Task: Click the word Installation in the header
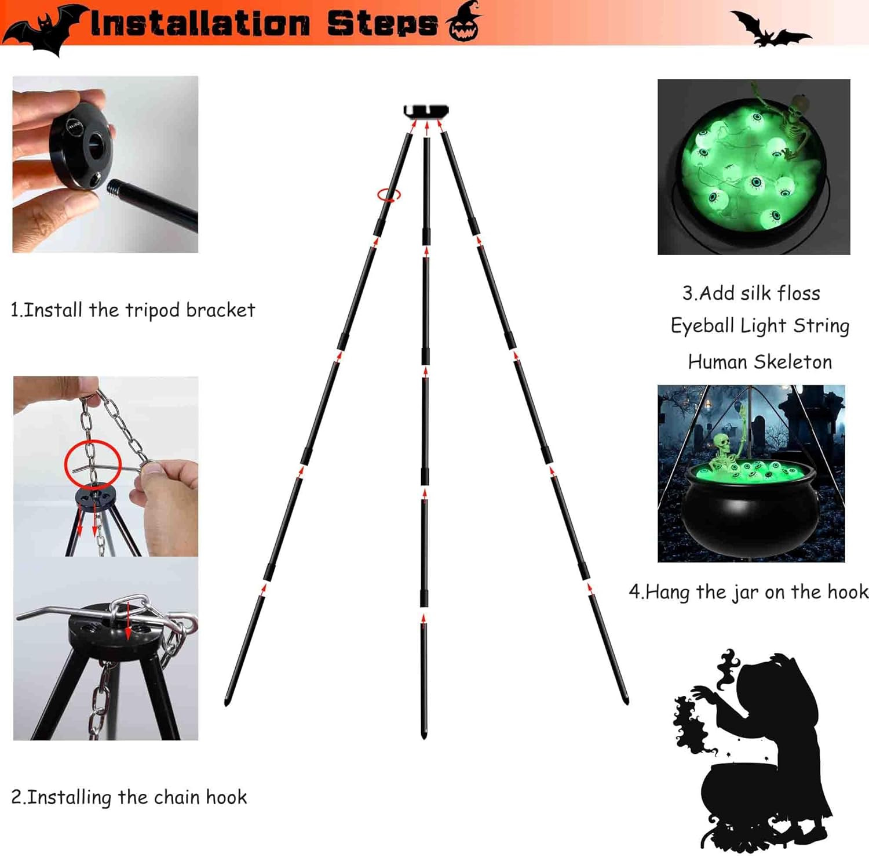pos(200,24)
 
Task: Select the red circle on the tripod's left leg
pos(389,195)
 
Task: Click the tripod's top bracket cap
pos(426,110)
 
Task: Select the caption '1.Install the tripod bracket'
pos(133,310)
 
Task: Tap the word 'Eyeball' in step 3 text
pos(703,326)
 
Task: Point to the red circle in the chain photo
pos(93,463)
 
